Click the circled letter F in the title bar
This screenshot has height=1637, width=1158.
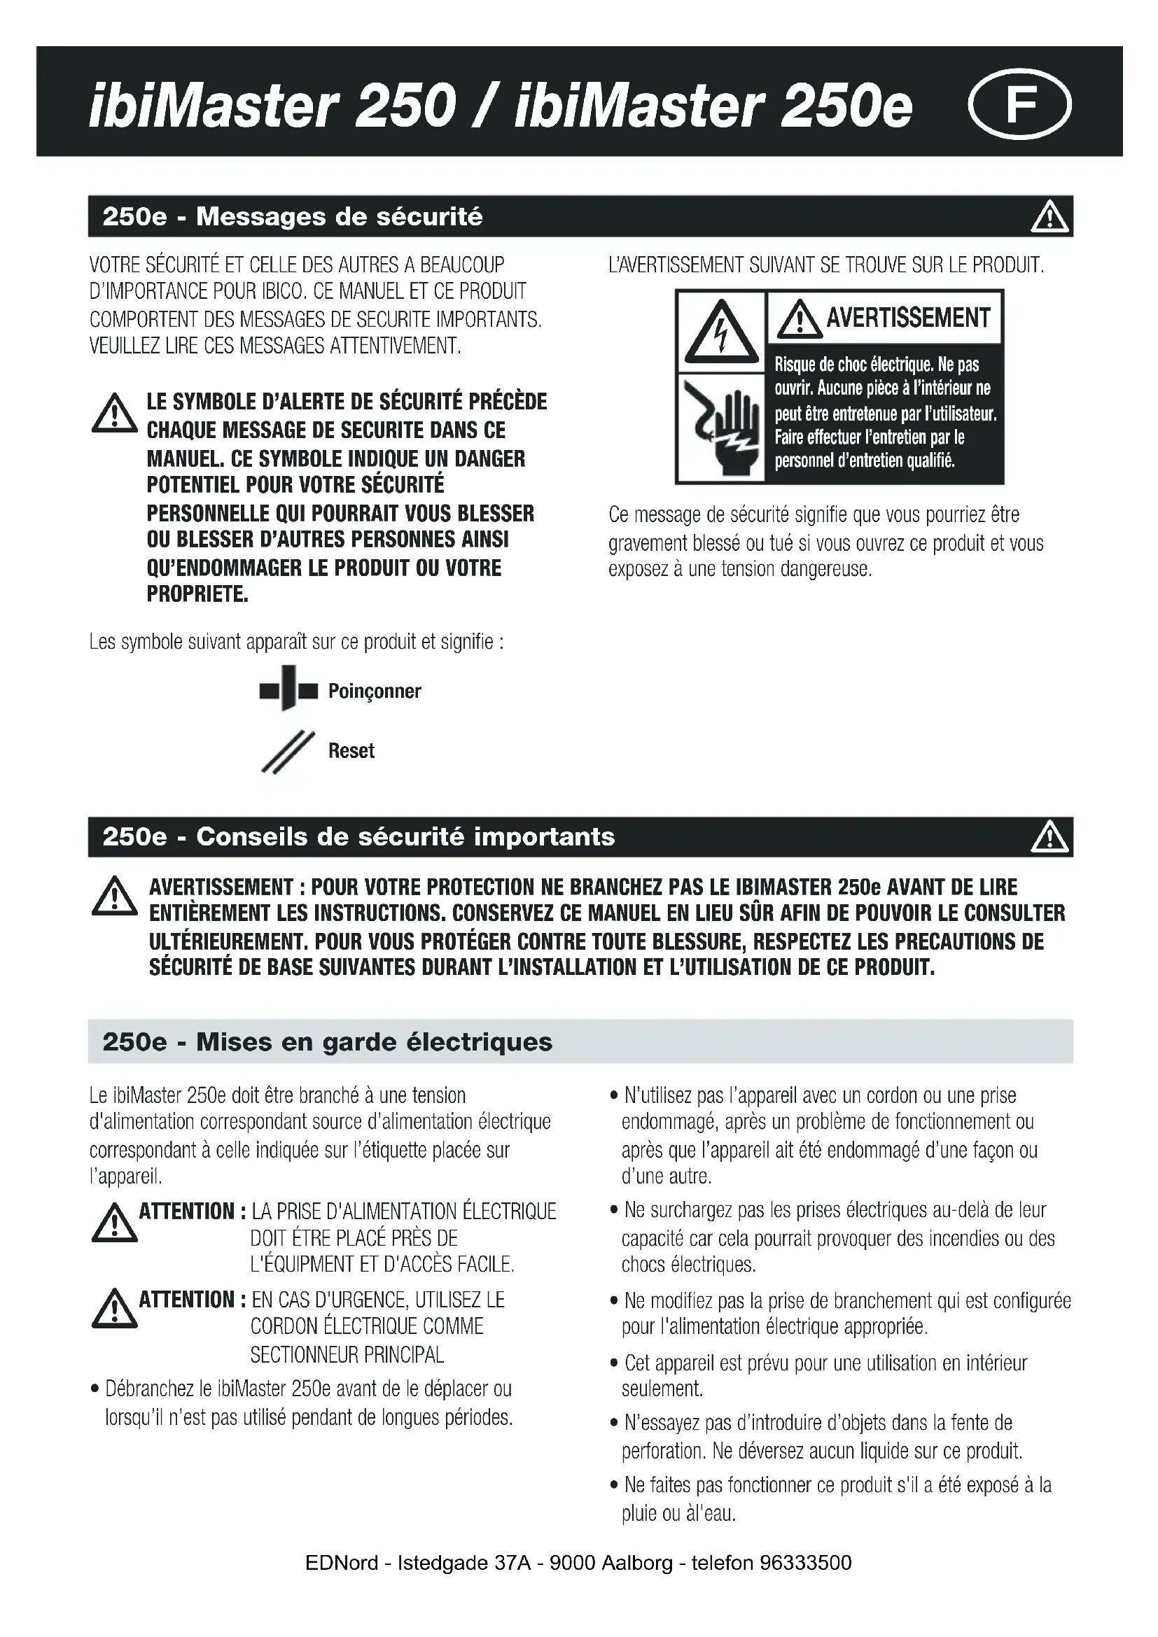pyautogui.click(x=1019, y=104)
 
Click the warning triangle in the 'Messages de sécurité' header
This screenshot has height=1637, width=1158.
pyautogui.click(x=1049, y=217)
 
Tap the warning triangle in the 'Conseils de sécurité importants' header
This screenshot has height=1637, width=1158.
pyautogui.click(x=1049, y=837)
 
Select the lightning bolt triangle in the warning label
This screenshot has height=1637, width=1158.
pyautogui.click(x=722, y=332)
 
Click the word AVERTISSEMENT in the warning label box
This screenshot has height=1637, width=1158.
pyautogui.click(x=908, y=318)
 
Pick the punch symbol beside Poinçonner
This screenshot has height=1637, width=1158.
pyautogui.click(x=288, y=689)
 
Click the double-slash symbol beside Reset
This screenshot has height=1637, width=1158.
pyautogui.click(x=287, y=752)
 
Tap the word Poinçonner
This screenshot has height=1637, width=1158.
pyautogui.click(x=375, y=691)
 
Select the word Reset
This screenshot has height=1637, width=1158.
pyautogui.click(x=351, y=751)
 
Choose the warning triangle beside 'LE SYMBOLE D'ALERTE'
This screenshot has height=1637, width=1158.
pyautogui.click(x=114, y=416)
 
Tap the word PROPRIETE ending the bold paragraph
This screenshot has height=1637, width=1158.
pyautogui.click(x=197, y=594)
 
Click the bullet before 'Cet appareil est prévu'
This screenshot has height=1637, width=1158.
pyautogui.click(x=614, y=1363)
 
